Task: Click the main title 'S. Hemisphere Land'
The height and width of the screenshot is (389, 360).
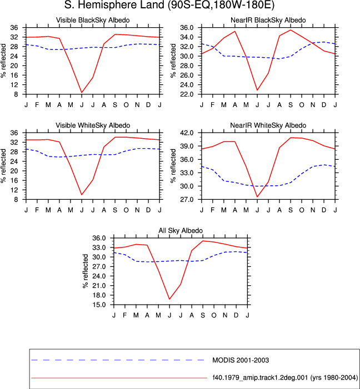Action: tap(114, 5)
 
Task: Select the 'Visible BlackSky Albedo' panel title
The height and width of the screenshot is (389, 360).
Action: tap(93, 20)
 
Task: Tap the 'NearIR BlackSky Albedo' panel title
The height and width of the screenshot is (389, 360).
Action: tap(268, 20)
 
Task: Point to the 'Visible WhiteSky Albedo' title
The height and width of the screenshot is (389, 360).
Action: tap(93, 125)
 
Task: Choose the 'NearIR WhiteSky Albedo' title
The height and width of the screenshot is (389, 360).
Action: tap(268, 125)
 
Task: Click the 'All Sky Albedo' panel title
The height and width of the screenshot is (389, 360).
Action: tap(181, 230)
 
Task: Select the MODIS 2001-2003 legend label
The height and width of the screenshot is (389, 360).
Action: tap(241, 360)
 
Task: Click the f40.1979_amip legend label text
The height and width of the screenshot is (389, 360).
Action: tap(285, 377)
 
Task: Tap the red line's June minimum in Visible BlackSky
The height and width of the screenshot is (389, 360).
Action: tap(82, 93)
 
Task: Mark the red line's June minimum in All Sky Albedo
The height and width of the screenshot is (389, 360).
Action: tap(169, 299)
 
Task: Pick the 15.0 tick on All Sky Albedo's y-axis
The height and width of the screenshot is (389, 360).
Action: tap(99, 305)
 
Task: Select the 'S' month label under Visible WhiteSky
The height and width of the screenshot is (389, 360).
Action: tap(115, 210)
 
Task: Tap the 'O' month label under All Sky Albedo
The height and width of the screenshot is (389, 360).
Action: tap(214, 315)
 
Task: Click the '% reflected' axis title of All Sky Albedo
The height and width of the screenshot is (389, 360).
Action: tap(86, 271)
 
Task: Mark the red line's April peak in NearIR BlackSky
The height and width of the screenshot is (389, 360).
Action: tap(235, 31)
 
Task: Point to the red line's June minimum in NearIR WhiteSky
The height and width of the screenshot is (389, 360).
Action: tap(257, 197)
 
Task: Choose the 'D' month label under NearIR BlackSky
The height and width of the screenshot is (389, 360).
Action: tap(324, 105)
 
